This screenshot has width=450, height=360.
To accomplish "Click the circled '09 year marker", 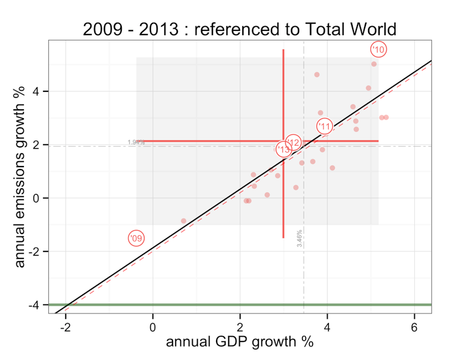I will [136, 238].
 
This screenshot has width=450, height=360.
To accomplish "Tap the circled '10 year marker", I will [378, 49].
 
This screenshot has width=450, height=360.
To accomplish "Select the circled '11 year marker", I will [324, 126].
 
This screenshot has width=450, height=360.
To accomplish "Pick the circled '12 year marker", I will [293, 142].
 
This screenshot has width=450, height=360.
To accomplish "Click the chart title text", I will [239, 29].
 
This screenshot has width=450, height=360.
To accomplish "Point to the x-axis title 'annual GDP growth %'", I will [239, 342].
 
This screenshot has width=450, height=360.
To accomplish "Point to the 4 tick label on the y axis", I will [36, 91].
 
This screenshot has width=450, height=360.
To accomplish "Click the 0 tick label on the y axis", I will [36, 198].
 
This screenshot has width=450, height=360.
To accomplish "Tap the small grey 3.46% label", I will [299, 238].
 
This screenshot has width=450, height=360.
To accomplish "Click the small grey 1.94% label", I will [136, 142].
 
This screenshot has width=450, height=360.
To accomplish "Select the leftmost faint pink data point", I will [183, 221].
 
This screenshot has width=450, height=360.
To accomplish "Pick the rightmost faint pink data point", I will [386, 117].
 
